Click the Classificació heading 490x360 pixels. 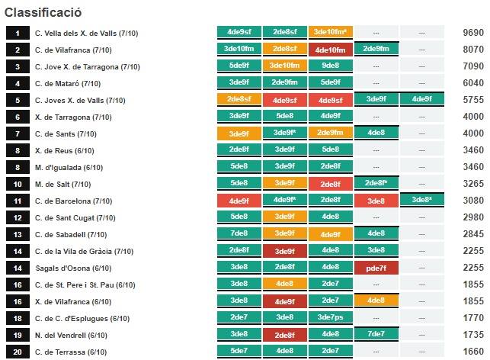pyautogui.click(x=43, y=13)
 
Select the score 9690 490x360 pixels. pyautogui.click(x=472, y=34)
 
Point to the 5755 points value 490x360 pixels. pyautogui.click(x=472, y=100)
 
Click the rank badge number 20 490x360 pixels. pyautogui.click(x=17, y=352)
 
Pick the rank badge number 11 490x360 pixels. pyautogui.click(x=17, y=201)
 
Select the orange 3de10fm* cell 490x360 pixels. pyautogui.click(x=330, y=33)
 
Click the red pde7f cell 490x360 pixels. pyautogui.click(x=376, y=268)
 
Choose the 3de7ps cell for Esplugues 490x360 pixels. pyautogui.click(x=330, y=317)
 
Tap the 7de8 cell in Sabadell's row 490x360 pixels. pyautogui.click(x=239, y=233)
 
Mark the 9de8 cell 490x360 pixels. pyautogui.click(x=330, y=66)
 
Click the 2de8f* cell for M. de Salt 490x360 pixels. pyautogui.click(x=376, y=183)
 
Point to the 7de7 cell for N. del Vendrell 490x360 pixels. pyautogui.click(x=376, y=334)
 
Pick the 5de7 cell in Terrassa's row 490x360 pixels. pyautogui.click(x=239, y=351)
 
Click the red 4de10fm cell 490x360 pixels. pyautogui.click(x=330, y=50)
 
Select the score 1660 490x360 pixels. pyautogui.click(x=472, y=352)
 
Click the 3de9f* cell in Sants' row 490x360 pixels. pyautogui.click(x=284, y=133)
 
